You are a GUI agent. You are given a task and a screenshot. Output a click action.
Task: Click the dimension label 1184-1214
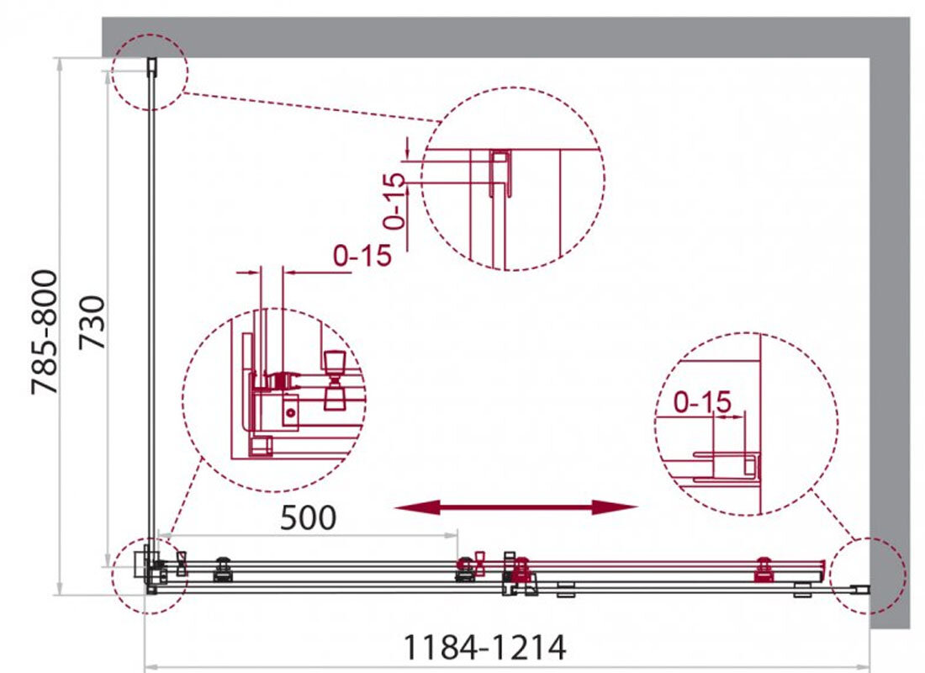484,647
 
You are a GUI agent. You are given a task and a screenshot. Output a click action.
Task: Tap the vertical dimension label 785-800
45,331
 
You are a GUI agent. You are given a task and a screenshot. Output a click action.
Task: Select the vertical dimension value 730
92,322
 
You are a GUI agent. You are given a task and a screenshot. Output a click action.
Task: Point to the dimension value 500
308,517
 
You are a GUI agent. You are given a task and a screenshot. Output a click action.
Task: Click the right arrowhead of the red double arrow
616,507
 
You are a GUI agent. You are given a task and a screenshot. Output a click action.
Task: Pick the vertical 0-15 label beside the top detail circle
394,201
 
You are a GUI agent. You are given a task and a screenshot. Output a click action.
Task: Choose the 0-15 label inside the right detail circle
702,403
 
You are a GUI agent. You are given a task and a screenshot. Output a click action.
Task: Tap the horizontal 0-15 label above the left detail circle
362,256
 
